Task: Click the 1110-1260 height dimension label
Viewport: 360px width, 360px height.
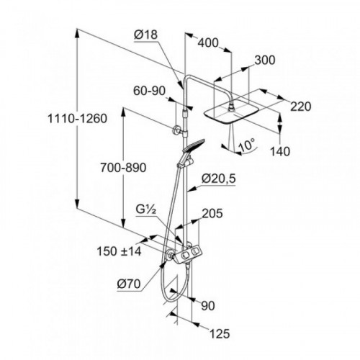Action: [77, 119]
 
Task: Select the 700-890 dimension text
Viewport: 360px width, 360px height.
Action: [123, 168]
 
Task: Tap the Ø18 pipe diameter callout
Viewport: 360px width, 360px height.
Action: [145, 35]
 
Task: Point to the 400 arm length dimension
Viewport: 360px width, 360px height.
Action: [208, 43]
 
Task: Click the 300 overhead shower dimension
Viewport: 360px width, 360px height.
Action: [265, 60]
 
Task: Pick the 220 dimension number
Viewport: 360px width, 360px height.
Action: [301, 107]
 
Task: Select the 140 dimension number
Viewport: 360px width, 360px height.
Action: [280, 151]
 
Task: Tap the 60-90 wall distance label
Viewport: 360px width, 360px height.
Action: [150, 91]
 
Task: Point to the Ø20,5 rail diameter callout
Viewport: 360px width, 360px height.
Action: [219, 179]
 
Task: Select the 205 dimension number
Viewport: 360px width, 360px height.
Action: [212, 213]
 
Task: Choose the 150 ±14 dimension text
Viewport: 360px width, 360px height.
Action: [119, 251]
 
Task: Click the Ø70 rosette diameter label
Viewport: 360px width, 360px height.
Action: [129, 284]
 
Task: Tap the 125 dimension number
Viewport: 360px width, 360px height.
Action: [220, 333]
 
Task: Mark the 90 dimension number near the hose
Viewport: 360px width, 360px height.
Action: [208, 306]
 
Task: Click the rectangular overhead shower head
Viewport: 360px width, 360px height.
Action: [232, 113]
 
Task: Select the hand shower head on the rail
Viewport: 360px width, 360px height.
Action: [193, 145]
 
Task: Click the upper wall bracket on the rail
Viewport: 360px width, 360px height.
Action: [178, 130]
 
